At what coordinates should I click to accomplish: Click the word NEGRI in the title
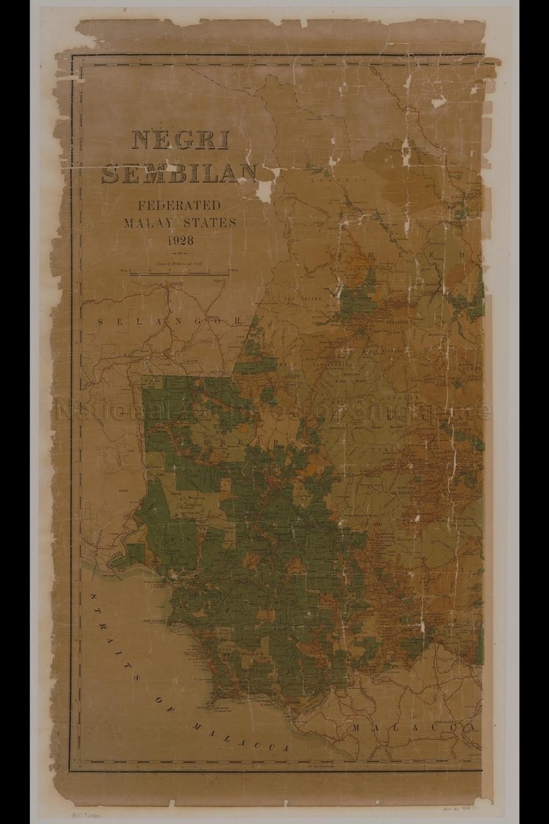pyautogui.click(x=180, y=141)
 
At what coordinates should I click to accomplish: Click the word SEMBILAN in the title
pyautogui.click(x=180, y=171)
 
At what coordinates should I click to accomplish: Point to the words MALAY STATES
pyautogui.click(x=180, y=223)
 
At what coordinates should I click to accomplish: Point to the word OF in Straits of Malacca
pyautogui.click(x=164, y=703)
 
